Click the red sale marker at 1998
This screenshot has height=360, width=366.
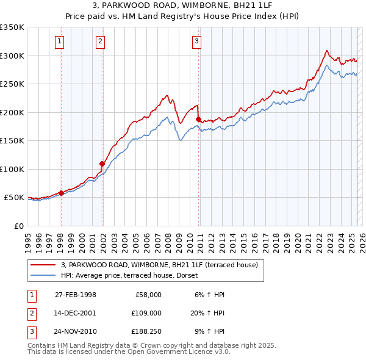(62, 193)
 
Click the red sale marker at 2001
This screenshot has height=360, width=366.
(102, 164)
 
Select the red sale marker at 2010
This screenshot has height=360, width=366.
(199, 119)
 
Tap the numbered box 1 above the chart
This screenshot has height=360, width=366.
(60, 41)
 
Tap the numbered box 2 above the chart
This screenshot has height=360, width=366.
(100, 41)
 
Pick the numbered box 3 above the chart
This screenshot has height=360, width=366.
(197, 41)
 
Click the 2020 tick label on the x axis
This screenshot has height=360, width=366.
(298, 239)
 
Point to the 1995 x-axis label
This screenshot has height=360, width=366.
(28, 239)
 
